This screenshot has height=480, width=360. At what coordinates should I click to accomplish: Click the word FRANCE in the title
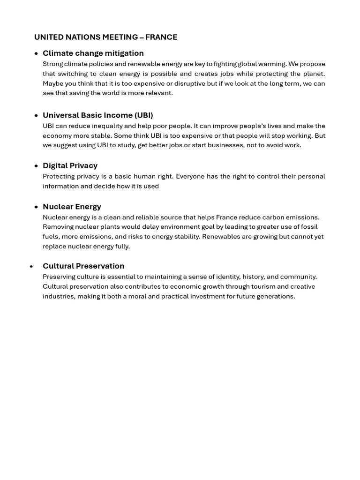point(161,37)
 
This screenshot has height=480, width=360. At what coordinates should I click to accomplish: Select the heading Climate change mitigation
point(93,53)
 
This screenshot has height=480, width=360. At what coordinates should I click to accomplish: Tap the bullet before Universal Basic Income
point(37,115)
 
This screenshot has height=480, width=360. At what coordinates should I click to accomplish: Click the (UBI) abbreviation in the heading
point(143,115)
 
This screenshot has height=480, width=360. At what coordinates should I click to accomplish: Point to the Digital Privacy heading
point(70,165)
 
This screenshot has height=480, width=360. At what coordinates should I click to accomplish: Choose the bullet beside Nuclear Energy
point(37,207)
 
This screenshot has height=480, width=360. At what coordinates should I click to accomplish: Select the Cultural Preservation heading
point(83,266)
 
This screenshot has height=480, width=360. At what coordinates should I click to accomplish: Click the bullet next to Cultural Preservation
point(31,266)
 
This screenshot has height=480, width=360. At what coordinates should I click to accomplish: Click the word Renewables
point(219,236)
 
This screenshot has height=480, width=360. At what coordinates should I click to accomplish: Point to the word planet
point(314,74)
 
